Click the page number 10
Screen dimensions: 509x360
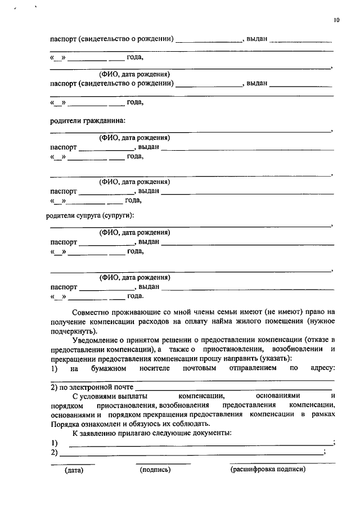coord(336,20)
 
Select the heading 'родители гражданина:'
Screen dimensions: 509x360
coord(88,121)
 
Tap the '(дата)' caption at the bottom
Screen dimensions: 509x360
coord(73,470)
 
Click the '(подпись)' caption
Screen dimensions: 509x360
coord(155,470)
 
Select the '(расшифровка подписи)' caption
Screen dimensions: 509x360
coord(267,470)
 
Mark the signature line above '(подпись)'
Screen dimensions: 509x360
coord(163,464)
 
